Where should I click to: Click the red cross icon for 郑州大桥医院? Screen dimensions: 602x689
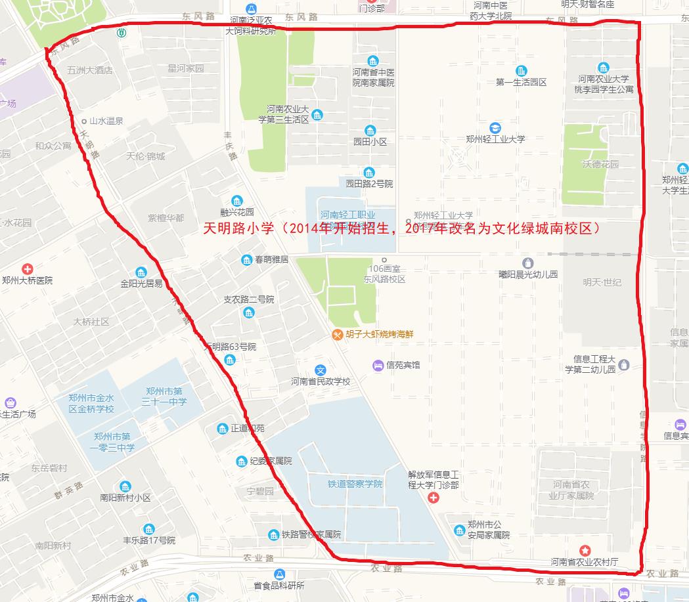27,269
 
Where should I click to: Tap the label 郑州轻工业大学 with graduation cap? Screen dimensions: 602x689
496,139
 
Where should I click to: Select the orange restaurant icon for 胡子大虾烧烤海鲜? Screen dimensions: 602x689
337,334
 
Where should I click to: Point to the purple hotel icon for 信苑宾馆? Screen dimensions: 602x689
378,364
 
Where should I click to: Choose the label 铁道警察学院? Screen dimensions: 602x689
355,484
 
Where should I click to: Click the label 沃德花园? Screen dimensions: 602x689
600,164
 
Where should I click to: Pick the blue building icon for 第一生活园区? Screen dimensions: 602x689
522,70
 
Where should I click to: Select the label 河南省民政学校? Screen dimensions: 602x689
321,381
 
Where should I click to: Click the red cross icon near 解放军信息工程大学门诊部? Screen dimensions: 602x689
433,498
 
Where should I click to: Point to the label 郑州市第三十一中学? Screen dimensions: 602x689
166,396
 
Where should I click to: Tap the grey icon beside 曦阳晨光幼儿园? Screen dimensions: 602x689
528,263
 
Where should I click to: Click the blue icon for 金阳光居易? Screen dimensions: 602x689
141,272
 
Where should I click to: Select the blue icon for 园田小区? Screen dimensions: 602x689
370,130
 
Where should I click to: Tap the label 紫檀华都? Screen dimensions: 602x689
166,218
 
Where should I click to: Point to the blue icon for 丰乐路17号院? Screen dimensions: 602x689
149,529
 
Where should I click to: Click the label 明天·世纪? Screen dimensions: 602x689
602,282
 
